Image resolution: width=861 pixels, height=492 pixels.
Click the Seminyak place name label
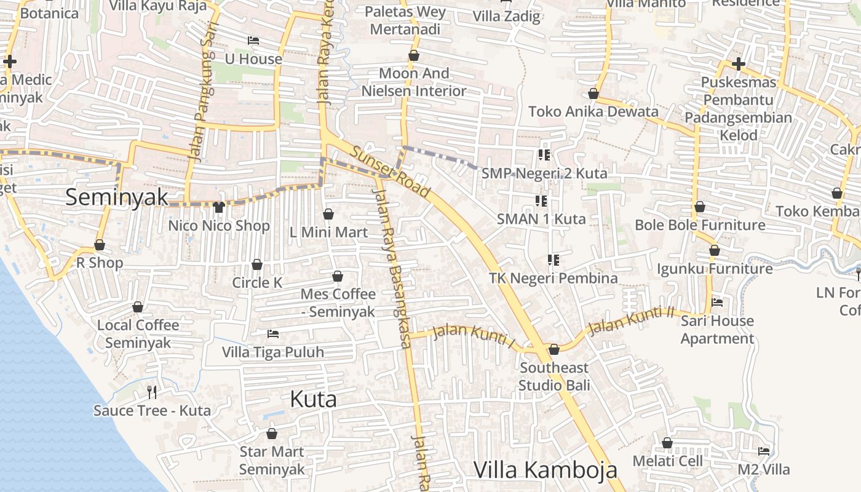pos(116,197)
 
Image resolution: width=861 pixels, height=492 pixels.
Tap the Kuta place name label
pos(313,400)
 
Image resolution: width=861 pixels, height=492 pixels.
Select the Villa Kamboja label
pos(545,470)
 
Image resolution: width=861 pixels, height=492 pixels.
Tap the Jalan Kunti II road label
pos(632,321)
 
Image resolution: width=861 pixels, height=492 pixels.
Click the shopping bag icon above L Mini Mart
pos(328,214)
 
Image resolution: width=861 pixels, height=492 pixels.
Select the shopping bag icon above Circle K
pos(257,264)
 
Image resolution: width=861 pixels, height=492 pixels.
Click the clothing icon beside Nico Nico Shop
pos(218,207)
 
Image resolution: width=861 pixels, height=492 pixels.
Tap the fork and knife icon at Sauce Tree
pos(152,392)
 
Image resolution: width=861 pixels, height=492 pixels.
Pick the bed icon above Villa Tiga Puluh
pos(273,334)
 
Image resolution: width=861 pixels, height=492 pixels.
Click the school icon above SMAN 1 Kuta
pos(541,200)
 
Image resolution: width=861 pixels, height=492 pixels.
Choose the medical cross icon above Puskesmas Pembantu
pos(738,64)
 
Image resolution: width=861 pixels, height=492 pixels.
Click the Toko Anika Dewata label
pos(593,111)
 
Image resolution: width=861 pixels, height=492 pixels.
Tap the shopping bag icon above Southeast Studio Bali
pos(553,349)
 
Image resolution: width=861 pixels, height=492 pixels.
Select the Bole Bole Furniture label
pos(700,225)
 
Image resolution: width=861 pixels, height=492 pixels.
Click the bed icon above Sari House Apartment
pos(717,302)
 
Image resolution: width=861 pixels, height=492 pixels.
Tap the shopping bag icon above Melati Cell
pos(667,443)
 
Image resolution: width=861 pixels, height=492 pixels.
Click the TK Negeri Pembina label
pos(553,278)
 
